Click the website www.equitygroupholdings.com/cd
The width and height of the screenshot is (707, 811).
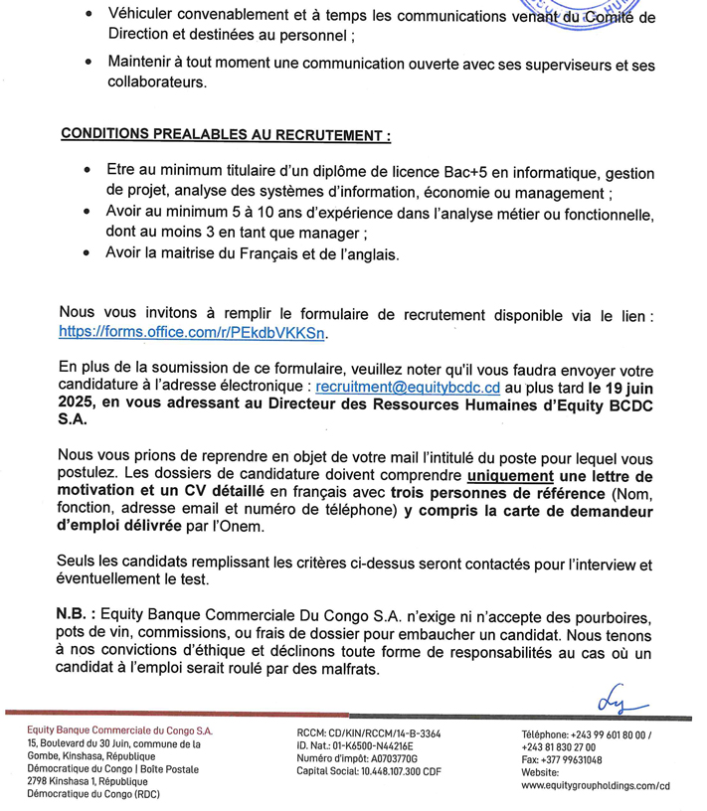(x=596, y=784)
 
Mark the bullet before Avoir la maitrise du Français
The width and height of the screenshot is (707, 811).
(x=90, y=252)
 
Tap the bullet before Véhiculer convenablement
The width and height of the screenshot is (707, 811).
(x=90, y=17)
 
